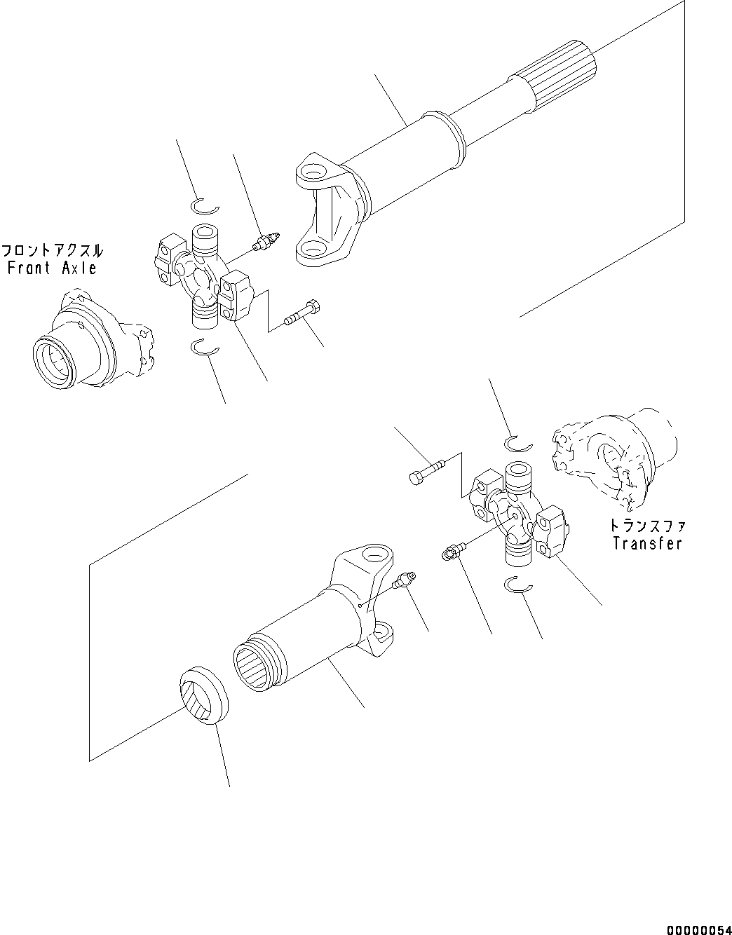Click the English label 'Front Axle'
click(52, 267)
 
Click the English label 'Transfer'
click(646, 542)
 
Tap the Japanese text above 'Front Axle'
click(52, 250)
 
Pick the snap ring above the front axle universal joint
click(205, 205)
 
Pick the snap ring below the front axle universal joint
click(205, 346)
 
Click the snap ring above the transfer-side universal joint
click(519, 442)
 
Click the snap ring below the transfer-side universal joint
click(519, 585)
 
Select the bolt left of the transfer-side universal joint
click(425, 470)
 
